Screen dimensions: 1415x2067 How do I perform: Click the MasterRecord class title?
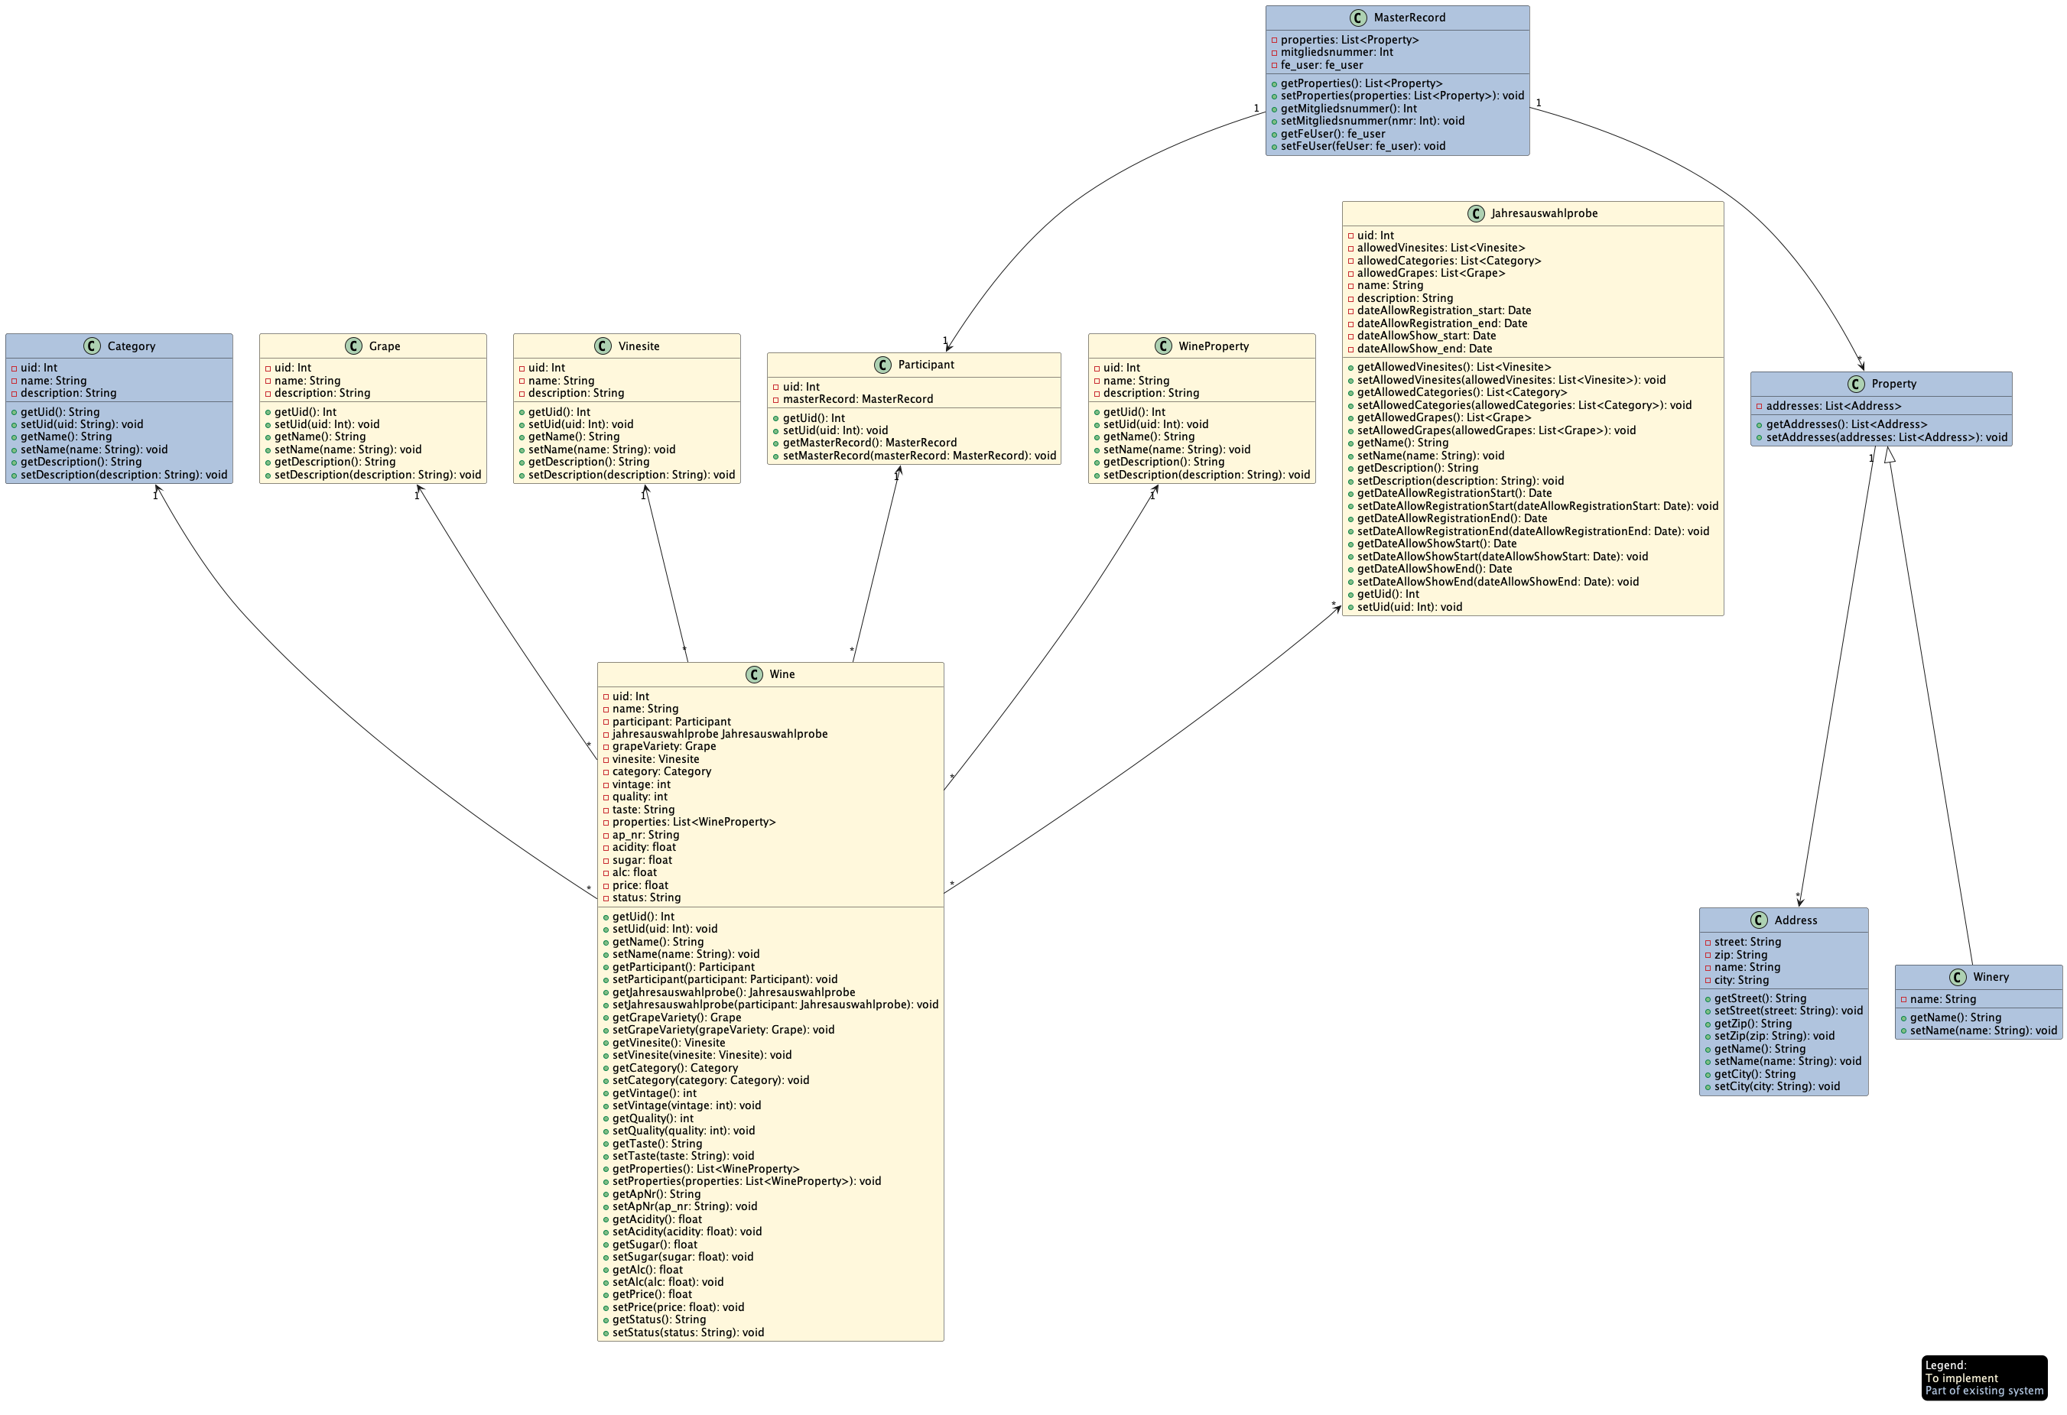tap(1409, 18)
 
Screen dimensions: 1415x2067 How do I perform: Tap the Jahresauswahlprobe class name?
tap(1544, 213)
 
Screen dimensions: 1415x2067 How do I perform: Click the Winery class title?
tap(1991, 976)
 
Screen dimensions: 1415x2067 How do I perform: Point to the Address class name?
tap(1795, 920)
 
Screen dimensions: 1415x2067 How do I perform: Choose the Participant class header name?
tap(926, 365)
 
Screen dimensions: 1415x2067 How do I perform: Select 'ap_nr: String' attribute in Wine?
tap(645, 835)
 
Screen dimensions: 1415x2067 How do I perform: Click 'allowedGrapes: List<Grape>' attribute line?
tap(1430, 273)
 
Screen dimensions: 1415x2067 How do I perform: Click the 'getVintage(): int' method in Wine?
tap(654, 1093)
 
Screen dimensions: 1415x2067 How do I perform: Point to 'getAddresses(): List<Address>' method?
tap(1845, 424)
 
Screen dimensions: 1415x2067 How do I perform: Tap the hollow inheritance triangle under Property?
tap(1890, 456)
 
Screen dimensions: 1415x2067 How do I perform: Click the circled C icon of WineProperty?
tap(1163, 346)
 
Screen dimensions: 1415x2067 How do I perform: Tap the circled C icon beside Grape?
tap(353, 346)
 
